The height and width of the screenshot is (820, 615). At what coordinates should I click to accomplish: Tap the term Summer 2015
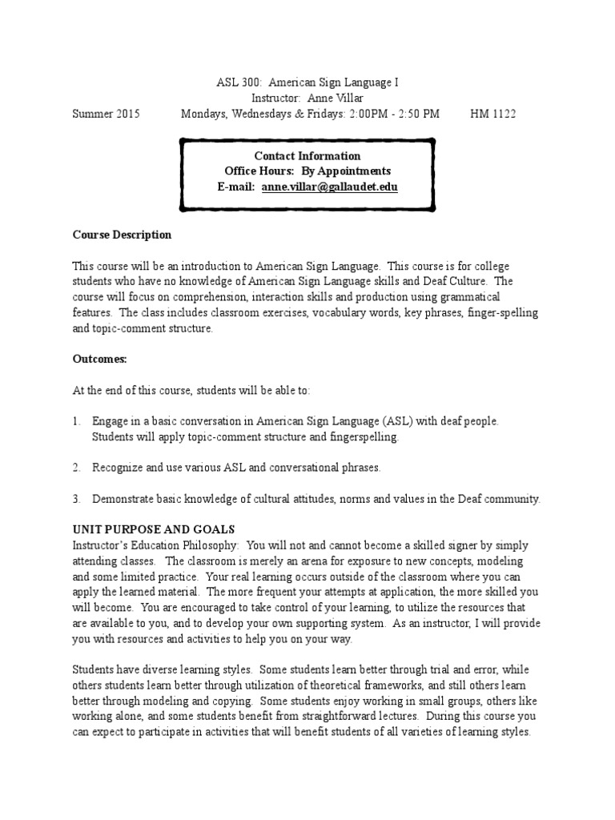(x=106, y=114)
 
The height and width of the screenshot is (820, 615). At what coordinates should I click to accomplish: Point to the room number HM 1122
(x=492, y=114)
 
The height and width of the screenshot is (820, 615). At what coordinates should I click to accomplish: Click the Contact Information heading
(x=307, y=156)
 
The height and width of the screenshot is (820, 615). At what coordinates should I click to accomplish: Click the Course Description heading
(x=122, y=235)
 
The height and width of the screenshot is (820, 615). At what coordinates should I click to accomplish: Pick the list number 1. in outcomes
(x=77, y=421)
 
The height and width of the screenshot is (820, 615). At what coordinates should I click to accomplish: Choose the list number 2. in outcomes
(x=77, y=467)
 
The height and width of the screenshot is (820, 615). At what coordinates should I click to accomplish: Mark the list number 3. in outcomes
(x=77, y=499)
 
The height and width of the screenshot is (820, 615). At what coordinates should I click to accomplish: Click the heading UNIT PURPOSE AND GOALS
(x=153, y=530)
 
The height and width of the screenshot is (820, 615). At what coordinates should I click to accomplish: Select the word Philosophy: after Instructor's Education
(x=215, y=545)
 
